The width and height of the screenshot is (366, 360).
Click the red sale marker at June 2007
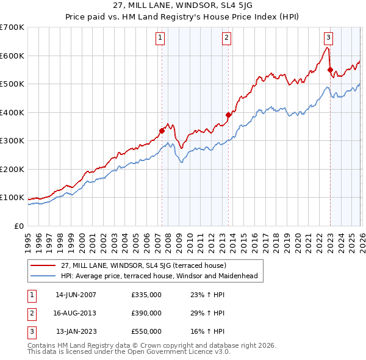[x=162, y=131]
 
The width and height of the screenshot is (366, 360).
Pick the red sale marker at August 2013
[x=228, y=115]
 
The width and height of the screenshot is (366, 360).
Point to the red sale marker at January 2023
[x=330, y=70]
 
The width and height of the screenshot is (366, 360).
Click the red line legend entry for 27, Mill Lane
[x=143, y=265]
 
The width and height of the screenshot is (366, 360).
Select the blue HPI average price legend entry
[x=159, y=276]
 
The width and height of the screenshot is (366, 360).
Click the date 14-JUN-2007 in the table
[x=76, y=295]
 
